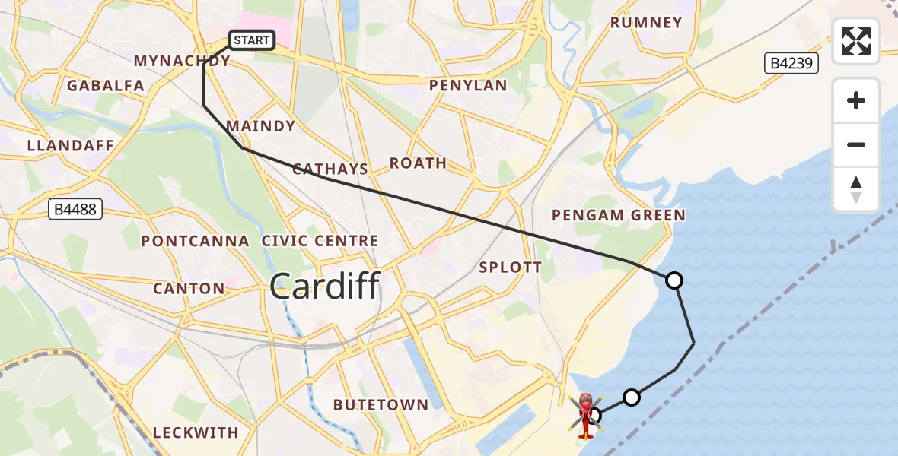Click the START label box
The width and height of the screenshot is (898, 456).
click(x=251, y=40)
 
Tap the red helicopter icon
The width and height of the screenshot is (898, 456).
click(x=585, y=415)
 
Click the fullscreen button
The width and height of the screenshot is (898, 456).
click(x=856, y=41)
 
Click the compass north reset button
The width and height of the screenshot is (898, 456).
click(x=856, y=189)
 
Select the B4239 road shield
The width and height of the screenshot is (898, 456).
click(x=792, y=63)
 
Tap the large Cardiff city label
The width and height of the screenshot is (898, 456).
click(x=324, y=287)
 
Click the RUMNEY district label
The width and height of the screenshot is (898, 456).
click(x=646, y=23)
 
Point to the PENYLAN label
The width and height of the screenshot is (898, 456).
click(x=468, y=86)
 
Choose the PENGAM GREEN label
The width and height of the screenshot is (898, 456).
click(x=618, y=216)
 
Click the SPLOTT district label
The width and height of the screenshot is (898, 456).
click(x=510, y=268)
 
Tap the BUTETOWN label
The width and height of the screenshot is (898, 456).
click(x=381, y=405)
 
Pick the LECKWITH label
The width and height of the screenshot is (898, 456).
click(x=196, y=432)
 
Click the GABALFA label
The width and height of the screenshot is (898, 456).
click(x=106, y=86)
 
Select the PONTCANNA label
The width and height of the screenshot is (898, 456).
click(x=196, y=241)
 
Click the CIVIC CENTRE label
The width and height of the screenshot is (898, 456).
click(x=320, y=241)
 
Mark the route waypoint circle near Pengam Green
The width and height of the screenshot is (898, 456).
click(x=673, y=280)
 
